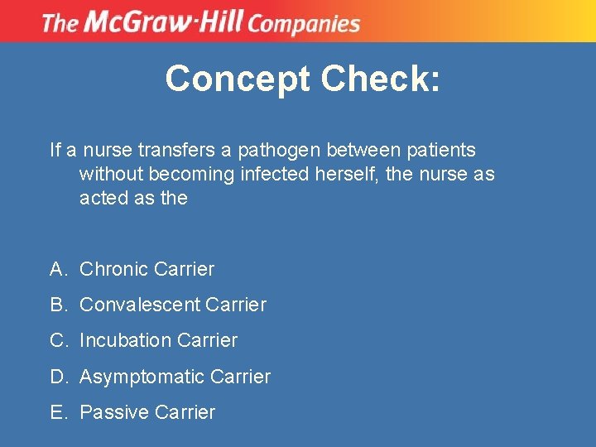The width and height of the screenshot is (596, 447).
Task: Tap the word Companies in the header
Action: [x=303, y=22]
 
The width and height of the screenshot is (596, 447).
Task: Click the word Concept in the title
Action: [x=237, y=79]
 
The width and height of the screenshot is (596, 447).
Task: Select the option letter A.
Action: [x=56, y=269]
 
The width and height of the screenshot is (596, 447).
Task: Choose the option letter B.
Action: [x=56, y=305]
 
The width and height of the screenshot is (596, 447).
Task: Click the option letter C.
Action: [x=56, y=340]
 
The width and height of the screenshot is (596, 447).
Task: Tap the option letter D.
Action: [x=57, y=377]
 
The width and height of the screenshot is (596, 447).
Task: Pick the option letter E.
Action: [x=56, y=412]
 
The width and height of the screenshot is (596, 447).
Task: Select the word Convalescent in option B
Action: [x=138, y=305]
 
